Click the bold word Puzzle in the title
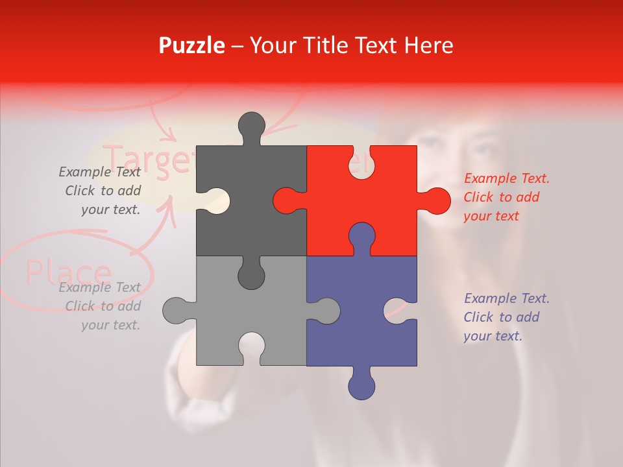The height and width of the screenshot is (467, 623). point(191,45)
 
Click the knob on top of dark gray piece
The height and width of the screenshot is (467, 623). point(251,127)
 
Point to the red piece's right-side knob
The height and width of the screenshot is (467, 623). point(435,200)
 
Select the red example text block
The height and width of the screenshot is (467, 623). point(506,197)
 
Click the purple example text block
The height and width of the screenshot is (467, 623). point(506,317)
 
